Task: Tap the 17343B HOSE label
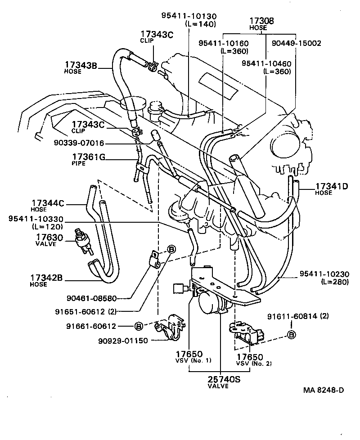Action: [81, 67]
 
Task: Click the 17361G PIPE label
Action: [89, 159]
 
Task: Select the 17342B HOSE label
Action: [48, 280]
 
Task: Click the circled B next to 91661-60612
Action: [139, 325]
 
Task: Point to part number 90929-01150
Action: [123, 340]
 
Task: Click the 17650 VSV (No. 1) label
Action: [189, 357]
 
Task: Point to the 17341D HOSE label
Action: [331, 189]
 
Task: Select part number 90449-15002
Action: [296, 43]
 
